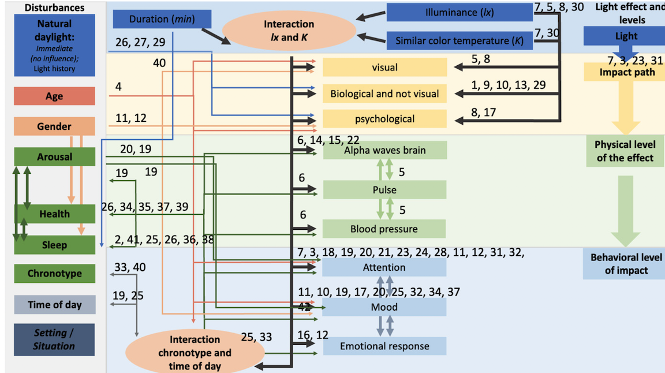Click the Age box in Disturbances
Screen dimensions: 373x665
54,96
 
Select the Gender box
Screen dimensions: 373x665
54,126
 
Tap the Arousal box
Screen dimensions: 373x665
54,156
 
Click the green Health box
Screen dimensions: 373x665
54,214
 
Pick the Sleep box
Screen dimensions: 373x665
54,245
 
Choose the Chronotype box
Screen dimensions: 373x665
54,273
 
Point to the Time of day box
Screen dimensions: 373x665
54,304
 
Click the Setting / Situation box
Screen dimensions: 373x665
54,340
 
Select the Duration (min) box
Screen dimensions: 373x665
162,19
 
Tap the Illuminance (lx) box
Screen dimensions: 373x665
459,12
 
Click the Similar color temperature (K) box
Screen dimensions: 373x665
459,41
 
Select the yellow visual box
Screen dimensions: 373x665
384,68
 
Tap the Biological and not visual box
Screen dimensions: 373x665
384,94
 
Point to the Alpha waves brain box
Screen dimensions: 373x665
384,150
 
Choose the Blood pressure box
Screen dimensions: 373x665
384,229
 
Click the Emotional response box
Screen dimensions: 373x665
384,346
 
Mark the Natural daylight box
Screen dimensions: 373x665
54,46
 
